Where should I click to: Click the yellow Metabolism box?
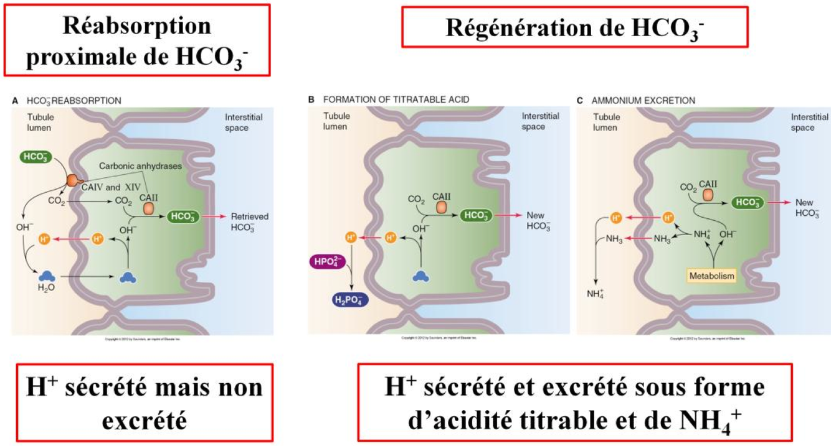click(711, 274)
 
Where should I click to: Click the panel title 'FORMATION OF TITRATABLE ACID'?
click(396, 100)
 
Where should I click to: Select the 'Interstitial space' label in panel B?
click(540, 121)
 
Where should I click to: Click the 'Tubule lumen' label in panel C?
click(605, 121)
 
